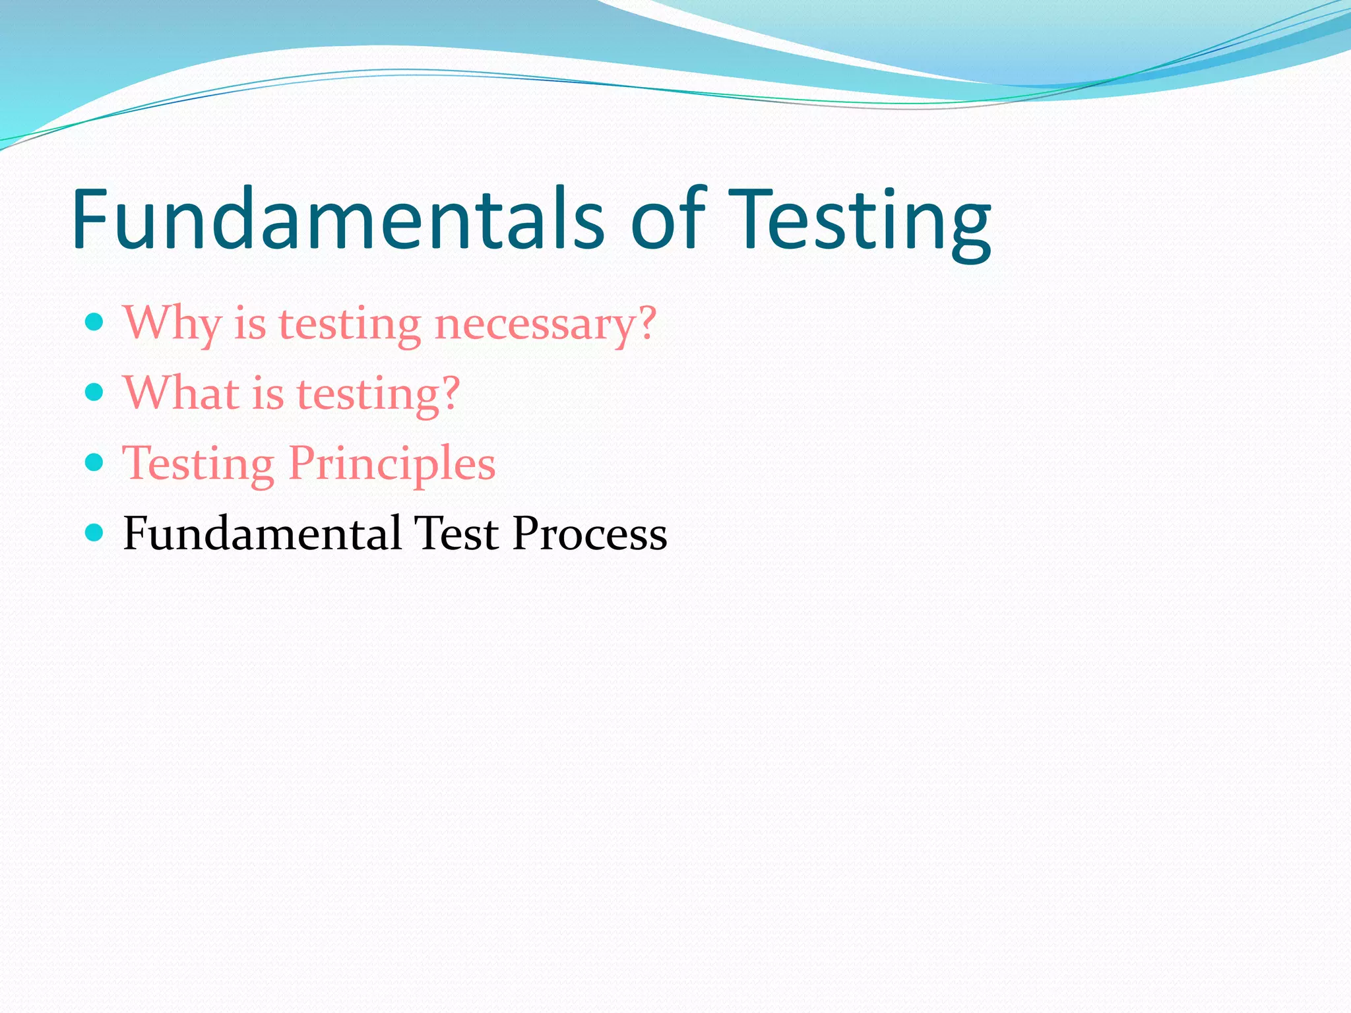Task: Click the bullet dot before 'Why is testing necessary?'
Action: [95, 322]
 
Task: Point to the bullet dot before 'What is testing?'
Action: [95, 392]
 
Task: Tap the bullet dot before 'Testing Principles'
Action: [95, 462]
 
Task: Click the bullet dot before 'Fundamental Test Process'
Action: [95, 532]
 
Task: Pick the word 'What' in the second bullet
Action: [181, 394]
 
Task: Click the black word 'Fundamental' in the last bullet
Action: [262, 533]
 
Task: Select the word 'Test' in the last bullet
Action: [456, 533]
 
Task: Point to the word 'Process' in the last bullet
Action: [590, 533]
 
